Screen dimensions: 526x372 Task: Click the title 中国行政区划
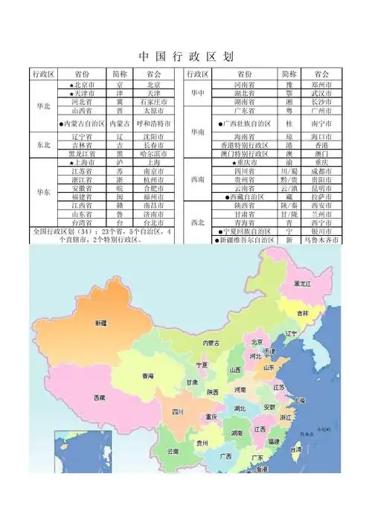tap(186, 56)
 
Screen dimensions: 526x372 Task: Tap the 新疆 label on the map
tap(100, 324)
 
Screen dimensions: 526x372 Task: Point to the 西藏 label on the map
tap(99, 398)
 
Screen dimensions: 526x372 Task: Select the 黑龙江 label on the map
tap(303, 284)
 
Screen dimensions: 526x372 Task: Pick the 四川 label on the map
tap(179, 411)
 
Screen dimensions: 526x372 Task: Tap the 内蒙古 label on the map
tap(211, 343)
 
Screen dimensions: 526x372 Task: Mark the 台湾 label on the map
tap(295, 449)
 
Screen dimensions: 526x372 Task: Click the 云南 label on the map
tap(172, 452)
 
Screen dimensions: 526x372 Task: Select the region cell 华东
tap(43, 191)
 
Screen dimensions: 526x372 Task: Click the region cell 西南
tap(197, 179)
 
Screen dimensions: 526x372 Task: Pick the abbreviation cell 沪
tap(119, 162)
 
